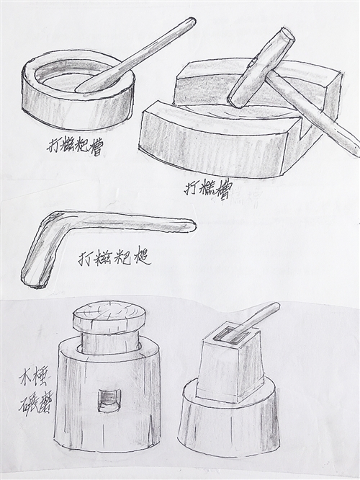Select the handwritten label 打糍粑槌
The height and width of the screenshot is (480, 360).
116,257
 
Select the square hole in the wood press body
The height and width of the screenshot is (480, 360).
108,399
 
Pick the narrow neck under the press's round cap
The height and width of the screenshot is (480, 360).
109,342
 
